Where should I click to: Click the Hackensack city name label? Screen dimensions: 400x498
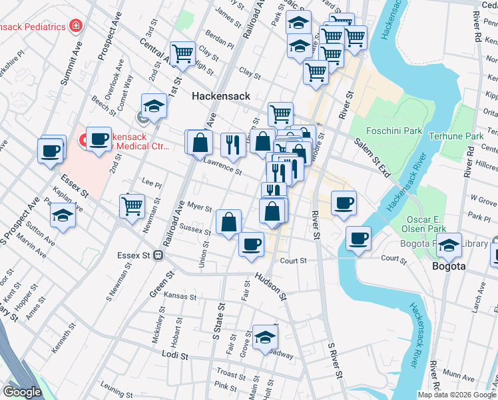point(221,96)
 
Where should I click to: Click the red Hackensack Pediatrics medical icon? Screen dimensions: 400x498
point(77,26)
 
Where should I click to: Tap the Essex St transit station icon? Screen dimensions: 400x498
point(158,255)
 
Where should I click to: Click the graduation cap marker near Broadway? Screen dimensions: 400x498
point(264,337)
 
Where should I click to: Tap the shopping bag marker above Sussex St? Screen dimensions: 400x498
point(228,222)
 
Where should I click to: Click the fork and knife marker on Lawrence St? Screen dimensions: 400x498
point(232,144)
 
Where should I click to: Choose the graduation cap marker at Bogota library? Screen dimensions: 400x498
point(449,245)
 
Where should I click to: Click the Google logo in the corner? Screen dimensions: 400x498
point(22,391)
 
